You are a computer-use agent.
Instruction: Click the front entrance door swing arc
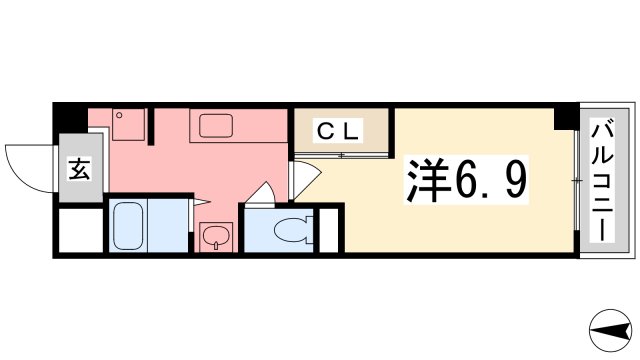pos(25,165)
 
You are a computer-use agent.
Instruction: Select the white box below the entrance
pos(78,230)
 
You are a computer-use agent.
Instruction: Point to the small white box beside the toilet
pos(329,229)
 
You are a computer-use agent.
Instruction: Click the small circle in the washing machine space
pos(119,115)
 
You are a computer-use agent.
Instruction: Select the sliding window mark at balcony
pos(579,180)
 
